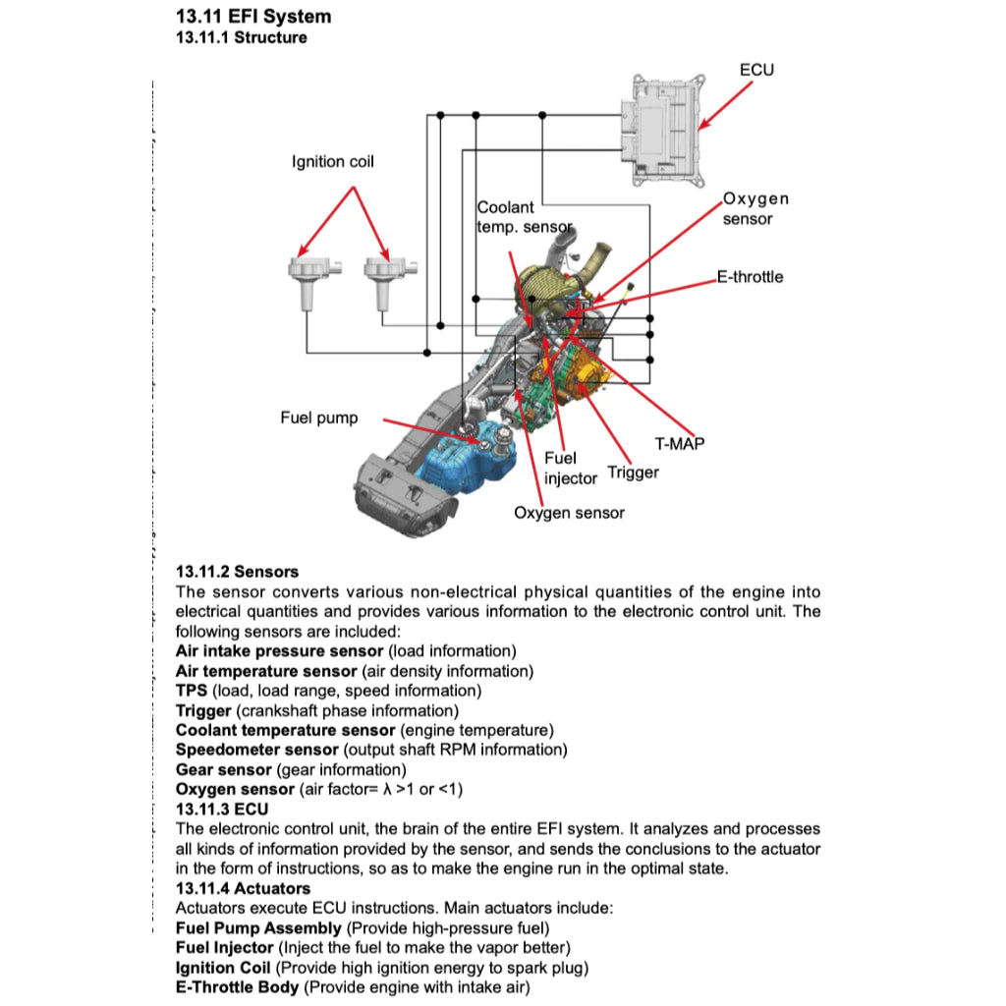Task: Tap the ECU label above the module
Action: [755, 70]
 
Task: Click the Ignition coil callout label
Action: [332, 161]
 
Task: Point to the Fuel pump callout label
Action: [318, 419]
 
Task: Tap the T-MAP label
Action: [679, 444]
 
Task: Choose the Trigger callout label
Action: [633, 473]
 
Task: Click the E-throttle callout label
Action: [750, 277]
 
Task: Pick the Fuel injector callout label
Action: [570, 469]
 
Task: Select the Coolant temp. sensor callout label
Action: [523, 217]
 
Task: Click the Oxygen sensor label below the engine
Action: [569, 513]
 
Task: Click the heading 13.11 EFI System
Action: [252, 17]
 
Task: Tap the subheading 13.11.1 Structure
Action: [241, 38]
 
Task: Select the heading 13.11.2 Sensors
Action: [237, 572]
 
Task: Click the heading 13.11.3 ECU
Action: [221, 810]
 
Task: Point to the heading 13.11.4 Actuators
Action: [243, 889]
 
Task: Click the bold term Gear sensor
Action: [224, 769]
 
